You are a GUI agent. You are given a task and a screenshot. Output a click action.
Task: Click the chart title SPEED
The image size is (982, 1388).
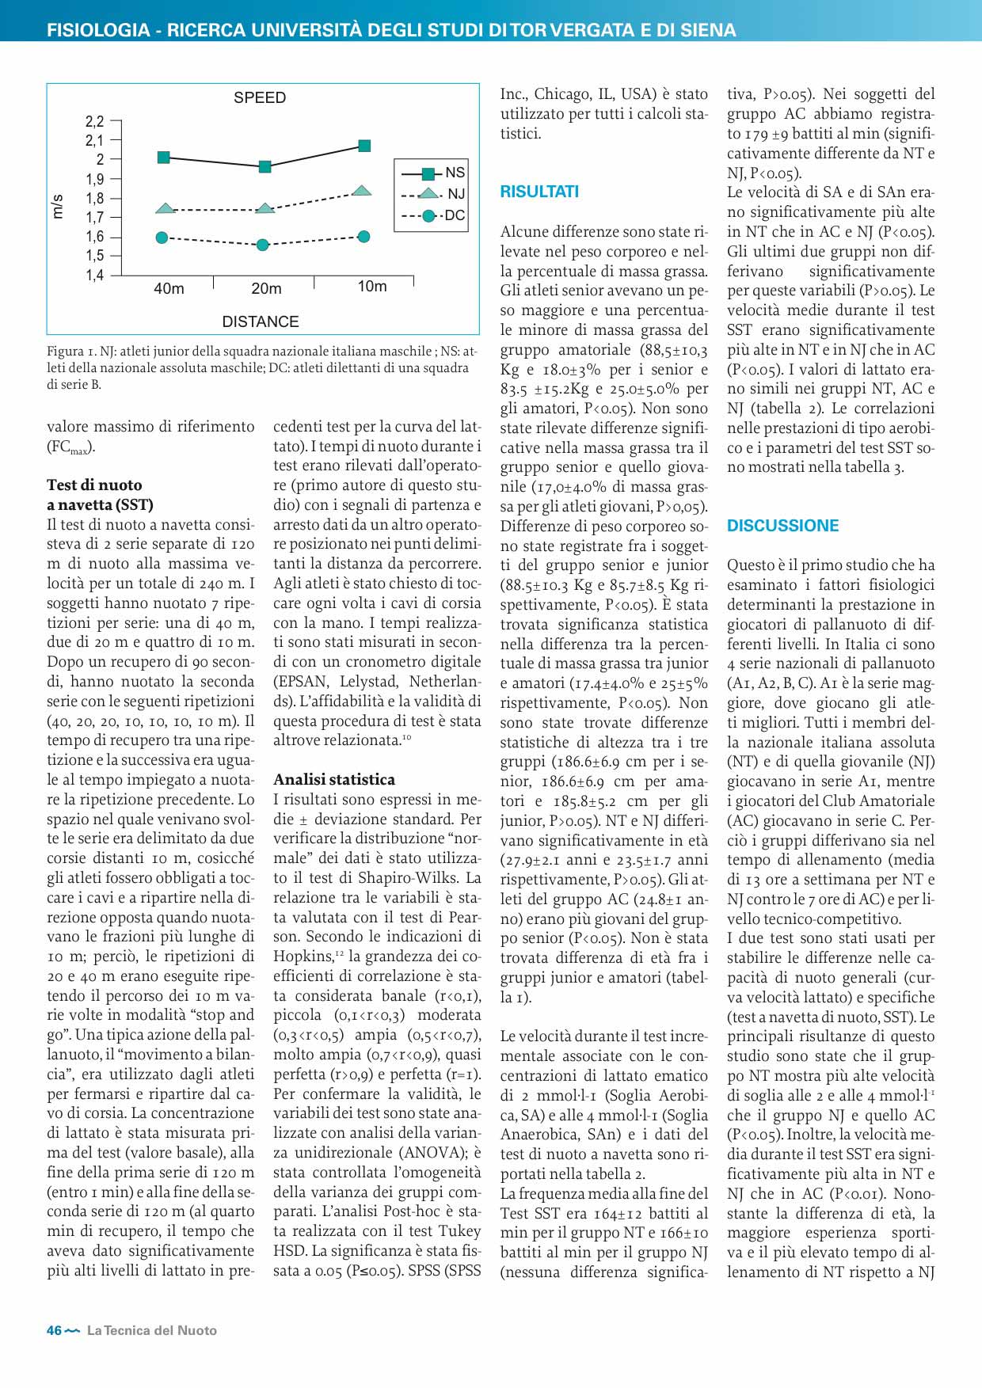(x=260, y=98)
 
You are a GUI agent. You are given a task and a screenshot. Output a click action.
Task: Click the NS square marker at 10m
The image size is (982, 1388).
(x=364, y=146)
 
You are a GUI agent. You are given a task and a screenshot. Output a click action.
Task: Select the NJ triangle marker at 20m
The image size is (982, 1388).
(x=265, y=207)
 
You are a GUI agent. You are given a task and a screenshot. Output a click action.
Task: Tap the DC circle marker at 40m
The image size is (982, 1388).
(x=162, y=238)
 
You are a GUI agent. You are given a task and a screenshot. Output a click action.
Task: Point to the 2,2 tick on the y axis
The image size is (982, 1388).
(x=95, y=121)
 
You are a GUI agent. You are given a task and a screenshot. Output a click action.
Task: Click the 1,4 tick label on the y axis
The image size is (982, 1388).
(x=95, y=276)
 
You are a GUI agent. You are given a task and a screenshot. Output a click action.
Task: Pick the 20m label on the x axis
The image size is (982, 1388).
(x=266, y=289)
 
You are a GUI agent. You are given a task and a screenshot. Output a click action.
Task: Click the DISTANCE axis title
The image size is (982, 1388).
(x=261, y=322)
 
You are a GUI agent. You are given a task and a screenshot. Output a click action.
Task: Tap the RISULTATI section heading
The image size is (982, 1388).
(x=539, y=192)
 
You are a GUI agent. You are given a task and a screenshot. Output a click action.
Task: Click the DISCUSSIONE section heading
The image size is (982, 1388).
(x=782, y=526)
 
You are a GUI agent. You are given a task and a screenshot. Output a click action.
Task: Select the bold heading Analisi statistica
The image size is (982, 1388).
(x=334, y=779)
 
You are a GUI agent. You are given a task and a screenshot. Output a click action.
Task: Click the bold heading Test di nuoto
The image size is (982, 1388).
(x=94, y=485)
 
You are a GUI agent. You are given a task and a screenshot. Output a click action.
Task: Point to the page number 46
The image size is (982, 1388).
(x=54, y=1331)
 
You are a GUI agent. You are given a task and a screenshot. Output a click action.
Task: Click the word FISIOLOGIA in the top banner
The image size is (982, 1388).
(x=98, y=30)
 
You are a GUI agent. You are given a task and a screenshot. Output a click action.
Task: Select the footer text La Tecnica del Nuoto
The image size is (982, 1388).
(x=151, y=1331)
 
